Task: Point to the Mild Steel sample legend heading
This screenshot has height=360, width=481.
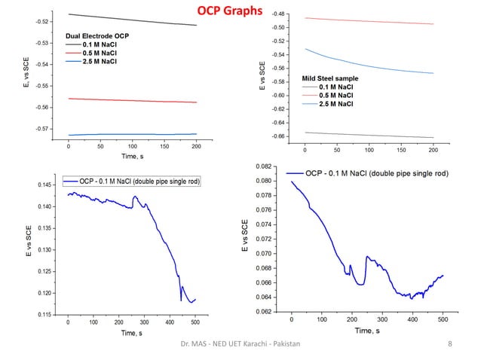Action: click(x=330, y=78)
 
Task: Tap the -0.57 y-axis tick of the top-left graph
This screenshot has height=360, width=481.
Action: click(x=44, y=129)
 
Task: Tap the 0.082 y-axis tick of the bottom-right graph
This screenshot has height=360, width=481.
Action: click(x=264, y=166)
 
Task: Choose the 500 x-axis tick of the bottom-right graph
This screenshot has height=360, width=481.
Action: click(x=442, y=319)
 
